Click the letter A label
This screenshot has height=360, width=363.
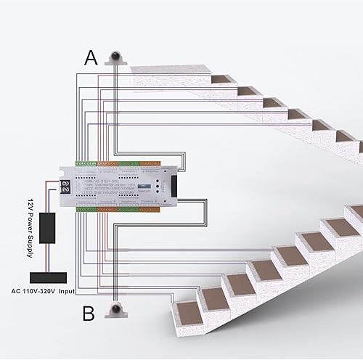90,57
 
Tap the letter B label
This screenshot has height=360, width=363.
89,314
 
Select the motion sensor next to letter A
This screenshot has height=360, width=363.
115,58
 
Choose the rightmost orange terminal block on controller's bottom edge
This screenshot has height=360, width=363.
151,210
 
